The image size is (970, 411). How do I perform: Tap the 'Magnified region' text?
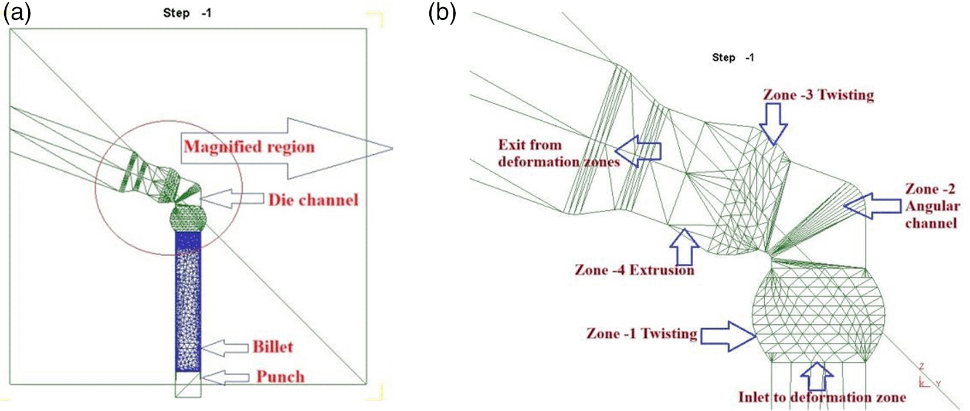249,147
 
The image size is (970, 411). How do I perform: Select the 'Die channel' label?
314,200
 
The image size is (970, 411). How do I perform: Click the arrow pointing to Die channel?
232,199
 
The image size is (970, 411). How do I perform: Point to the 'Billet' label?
273,347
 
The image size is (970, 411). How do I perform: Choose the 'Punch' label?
280,377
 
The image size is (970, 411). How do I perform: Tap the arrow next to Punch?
226,377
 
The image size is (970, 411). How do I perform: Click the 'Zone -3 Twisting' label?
819,95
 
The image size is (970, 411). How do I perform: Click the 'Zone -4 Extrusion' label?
635,270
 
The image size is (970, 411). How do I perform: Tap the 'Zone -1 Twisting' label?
642,334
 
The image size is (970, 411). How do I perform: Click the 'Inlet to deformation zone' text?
822,397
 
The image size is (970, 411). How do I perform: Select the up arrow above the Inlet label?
817,376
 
